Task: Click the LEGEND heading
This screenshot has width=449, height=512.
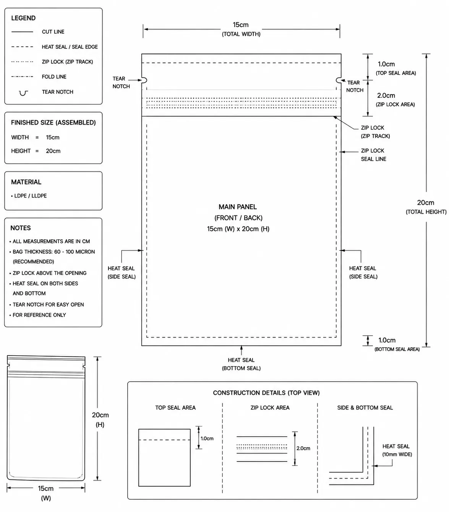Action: point(23,18)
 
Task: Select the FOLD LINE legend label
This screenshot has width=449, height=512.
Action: point(54,77)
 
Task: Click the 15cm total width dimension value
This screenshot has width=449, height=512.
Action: point(240,25)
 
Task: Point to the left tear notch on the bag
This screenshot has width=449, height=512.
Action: point(144,80)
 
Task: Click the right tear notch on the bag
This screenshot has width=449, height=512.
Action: point(339,80)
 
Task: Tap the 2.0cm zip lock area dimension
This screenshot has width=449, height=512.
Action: point(386,96)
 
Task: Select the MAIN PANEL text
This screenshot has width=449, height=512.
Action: point(238,207)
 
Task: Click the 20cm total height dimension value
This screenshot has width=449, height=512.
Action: point(426,203)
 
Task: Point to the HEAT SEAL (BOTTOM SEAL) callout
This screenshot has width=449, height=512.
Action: point(241,364)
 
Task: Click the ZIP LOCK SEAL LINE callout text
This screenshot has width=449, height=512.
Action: point(373,154)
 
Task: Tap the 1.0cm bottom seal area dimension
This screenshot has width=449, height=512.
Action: point(387,340)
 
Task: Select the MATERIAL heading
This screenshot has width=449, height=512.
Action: point(26,182)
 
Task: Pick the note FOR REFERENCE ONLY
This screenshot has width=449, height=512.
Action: point(39,315)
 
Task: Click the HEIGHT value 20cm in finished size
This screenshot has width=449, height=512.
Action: point(53,151)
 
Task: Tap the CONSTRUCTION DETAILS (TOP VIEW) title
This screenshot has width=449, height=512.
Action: point(266,393)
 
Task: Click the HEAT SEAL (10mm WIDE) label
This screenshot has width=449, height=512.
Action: point(397,450)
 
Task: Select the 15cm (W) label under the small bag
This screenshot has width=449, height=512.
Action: point(46,493)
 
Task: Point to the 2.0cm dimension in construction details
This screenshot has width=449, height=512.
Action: point(303,448)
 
